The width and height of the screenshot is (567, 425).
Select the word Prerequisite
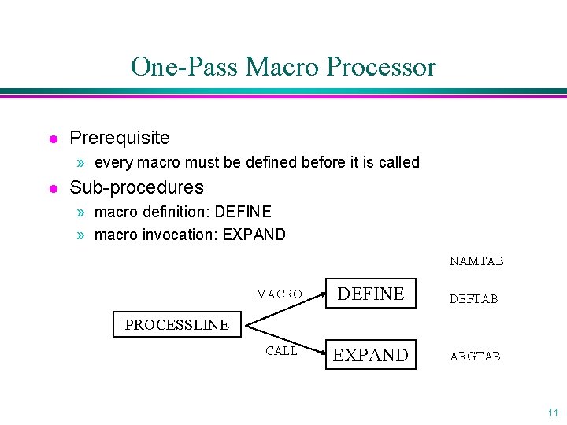[120, 139]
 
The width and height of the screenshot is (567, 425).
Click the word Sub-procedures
[136, 187]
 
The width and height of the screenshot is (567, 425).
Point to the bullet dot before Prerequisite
[53, 139]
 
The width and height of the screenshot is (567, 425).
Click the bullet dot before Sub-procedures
[53, 188]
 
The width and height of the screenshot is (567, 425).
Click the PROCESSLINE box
[176, 324]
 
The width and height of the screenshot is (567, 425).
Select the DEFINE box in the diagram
[371, 294]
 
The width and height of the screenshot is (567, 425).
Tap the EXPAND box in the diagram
[371, 355]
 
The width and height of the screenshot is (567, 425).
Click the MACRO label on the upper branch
[279, 294]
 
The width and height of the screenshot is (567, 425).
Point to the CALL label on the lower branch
[281, 351]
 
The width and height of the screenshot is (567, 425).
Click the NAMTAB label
[476, 261]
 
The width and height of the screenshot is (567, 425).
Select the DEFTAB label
[473, 299]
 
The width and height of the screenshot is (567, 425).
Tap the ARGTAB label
[474, 357]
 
